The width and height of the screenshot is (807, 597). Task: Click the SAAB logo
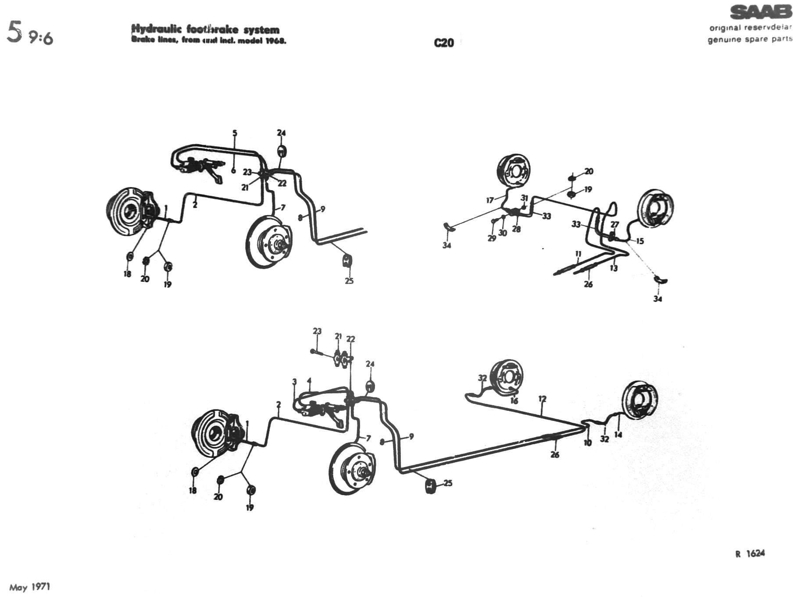click(x=761, y=12)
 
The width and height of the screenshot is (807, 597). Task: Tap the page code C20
click(x=444, y=43)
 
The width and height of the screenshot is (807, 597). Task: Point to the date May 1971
click(x=30, y=587)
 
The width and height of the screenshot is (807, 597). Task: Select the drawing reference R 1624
click(x=750, y=554)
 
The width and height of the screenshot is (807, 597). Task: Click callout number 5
click(x=235, y=133)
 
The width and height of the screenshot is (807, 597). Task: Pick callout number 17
click(x=490, y=200)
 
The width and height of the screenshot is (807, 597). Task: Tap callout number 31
click(x=525, y=198)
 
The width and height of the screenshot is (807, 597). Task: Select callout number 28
click(x=516, y=229)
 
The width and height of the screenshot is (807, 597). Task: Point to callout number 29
click(x=492, y=238)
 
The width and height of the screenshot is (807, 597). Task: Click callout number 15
click(x=640, y=241)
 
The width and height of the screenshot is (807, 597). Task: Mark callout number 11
click(x=578, y=254)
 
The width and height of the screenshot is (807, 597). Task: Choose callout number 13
click(x=614, y=268)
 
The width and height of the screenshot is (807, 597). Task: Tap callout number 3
click(x=295, y=381)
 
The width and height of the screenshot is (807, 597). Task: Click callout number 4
click(x=310, y=381)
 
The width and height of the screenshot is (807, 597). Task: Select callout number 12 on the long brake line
click(x=543, y=399)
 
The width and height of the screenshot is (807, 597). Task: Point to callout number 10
click(x=588, y=442)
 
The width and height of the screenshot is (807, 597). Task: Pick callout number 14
click(x=618, y=435)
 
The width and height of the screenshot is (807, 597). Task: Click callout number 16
click(x=514, y=401)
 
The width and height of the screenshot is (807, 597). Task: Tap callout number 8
click(x=300, y=217)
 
